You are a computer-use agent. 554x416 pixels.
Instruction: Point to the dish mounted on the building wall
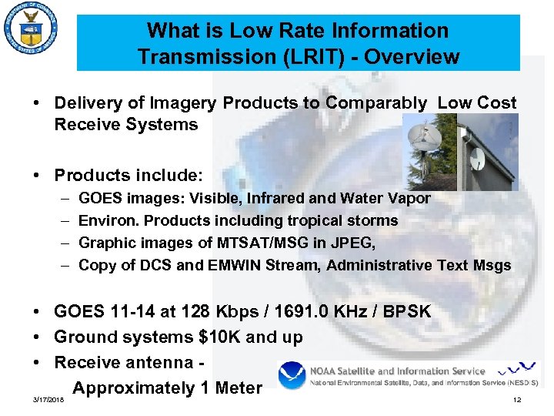[477, 159]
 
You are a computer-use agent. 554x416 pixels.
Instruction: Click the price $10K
[219, 337]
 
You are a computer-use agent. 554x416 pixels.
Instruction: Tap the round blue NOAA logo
[291, 375]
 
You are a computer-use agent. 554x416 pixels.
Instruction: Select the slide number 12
[517, 400]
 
